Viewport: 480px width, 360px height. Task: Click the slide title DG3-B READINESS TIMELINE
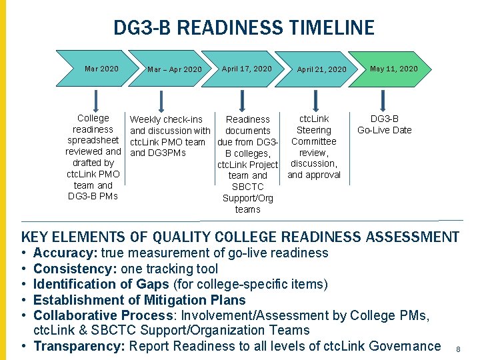243,28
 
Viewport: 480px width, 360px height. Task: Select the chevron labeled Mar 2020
101,69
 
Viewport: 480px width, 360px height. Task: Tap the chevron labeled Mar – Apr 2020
174,69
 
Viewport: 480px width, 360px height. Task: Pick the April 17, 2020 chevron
247,69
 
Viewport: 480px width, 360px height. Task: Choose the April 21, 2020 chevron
321,69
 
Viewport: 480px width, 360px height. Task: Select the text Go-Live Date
385,130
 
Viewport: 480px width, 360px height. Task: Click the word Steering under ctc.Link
313,130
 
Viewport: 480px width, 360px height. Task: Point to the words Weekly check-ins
166,119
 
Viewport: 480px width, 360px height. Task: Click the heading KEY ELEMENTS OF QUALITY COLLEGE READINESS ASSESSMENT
240,237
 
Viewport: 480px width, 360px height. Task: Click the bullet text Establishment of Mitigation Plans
139,300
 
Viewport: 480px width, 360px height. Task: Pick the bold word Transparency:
79,346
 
